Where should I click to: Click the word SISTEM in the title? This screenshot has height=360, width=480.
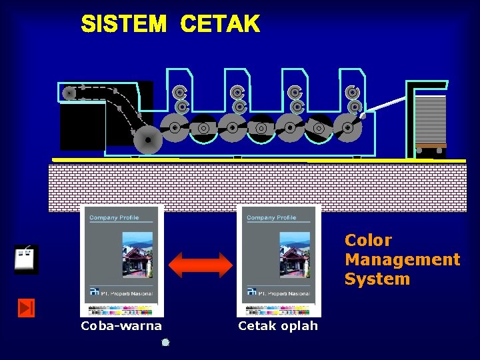point(123,25)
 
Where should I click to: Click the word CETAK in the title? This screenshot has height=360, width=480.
point(220,25)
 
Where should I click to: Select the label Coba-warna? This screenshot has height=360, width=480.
point(121,326)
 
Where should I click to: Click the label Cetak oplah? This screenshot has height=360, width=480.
point(278,326)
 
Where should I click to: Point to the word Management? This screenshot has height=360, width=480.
point(402,259)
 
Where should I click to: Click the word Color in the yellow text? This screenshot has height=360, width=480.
point(368,240)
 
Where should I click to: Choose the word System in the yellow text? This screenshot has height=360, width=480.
point(377,279)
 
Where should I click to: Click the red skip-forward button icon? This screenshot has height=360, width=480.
point(26,307)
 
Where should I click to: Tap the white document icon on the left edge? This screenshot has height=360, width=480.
point(26,259)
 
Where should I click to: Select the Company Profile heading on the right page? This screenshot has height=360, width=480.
point(271,218)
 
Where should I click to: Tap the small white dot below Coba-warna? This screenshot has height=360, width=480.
point(165,343)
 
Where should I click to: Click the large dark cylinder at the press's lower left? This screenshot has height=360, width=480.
point(147,140)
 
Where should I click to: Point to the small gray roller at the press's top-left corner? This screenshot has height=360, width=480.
point(69,93)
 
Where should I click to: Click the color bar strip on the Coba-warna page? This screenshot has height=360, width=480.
point(121,310)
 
